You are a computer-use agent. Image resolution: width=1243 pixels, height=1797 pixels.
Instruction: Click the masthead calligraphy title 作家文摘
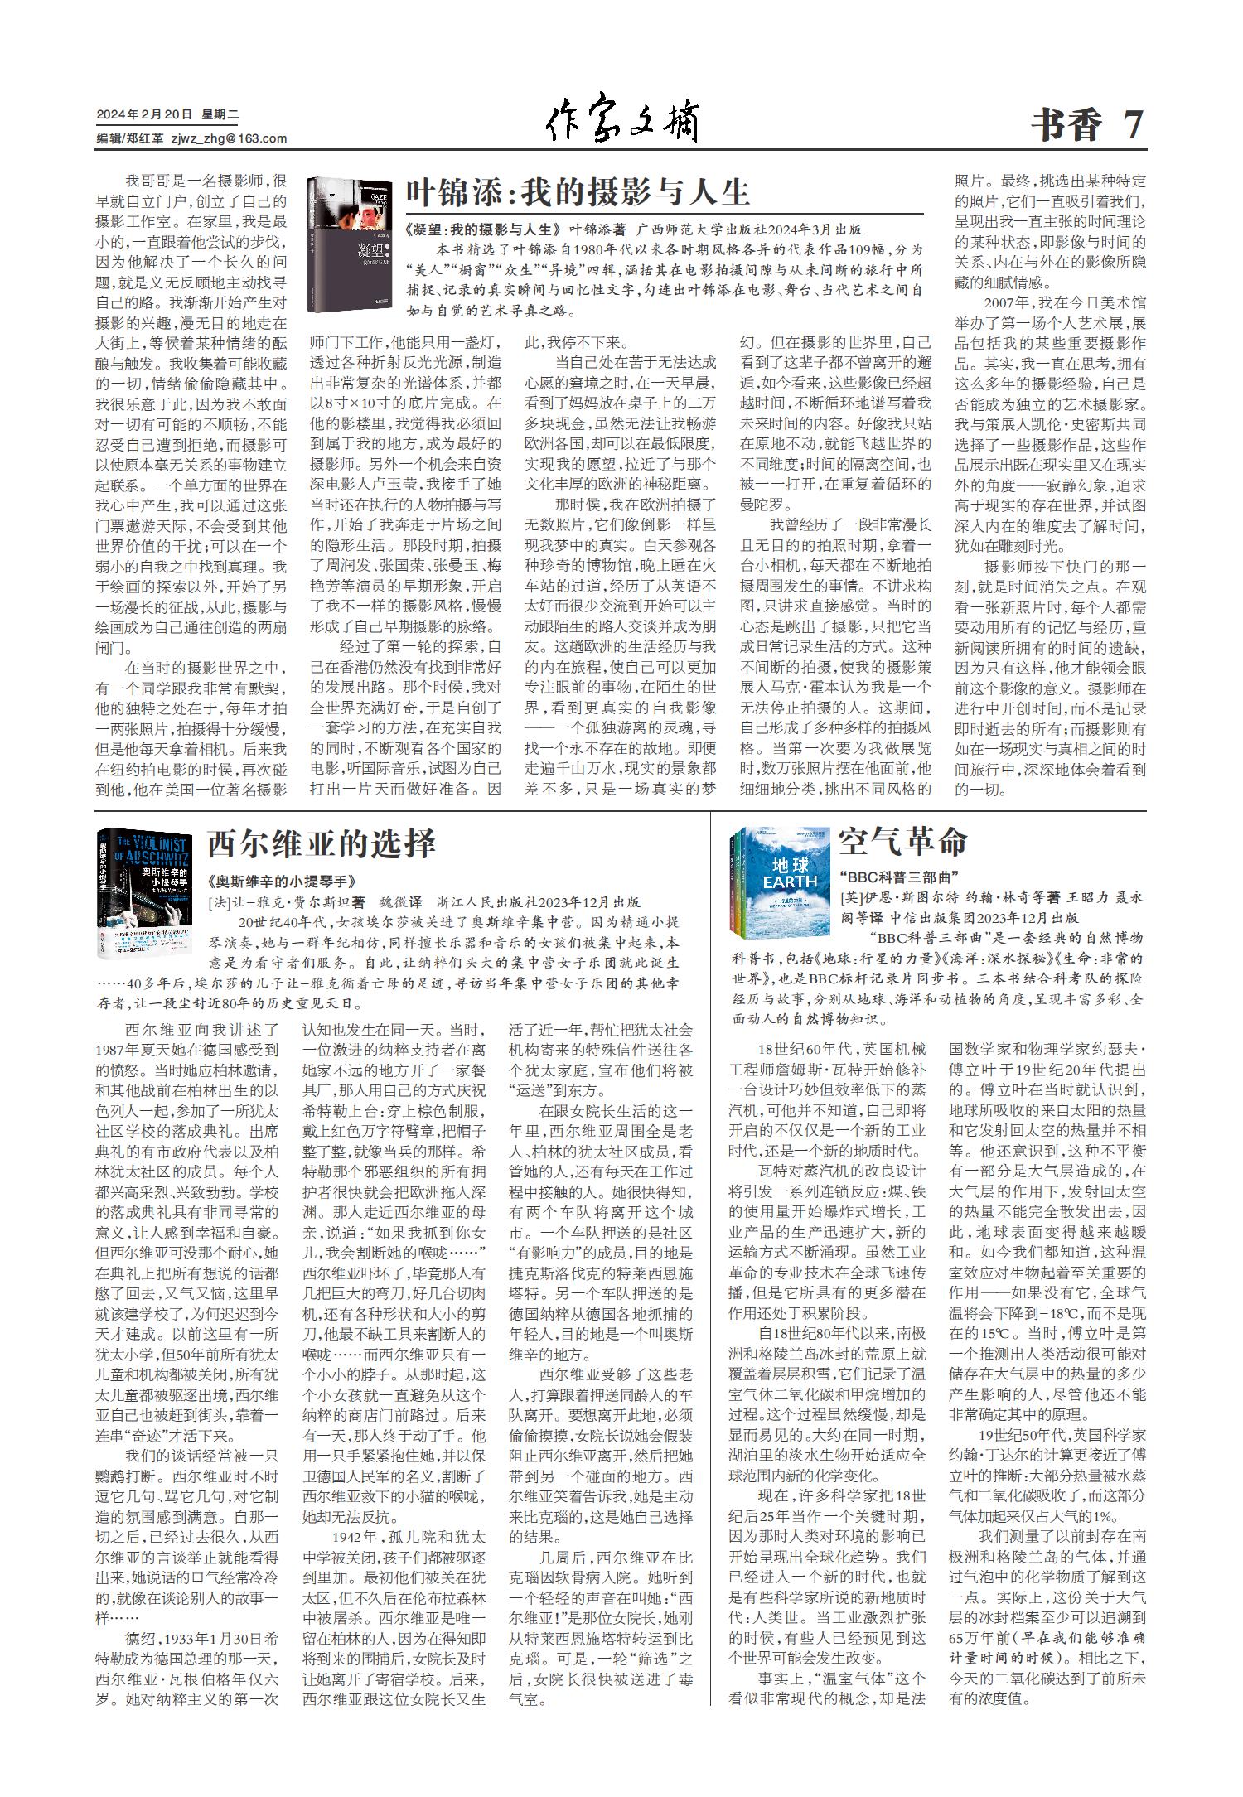(x=621, y=123)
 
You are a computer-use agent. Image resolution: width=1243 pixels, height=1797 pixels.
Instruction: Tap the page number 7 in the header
(x=1134, y=125)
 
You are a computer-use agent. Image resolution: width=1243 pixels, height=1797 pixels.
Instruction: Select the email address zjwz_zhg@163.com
(x=229, y=139)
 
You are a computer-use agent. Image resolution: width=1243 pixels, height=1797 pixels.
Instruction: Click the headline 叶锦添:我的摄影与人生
(x=578, y=192)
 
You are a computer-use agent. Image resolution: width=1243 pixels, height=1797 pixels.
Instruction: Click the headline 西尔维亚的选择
(x=321, y=843)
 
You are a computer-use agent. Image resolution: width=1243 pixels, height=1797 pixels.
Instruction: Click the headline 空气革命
(x=902, y=841)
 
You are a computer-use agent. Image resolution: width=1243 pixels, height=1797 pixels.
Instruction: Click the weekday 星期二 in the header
(x=220, y=114)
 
